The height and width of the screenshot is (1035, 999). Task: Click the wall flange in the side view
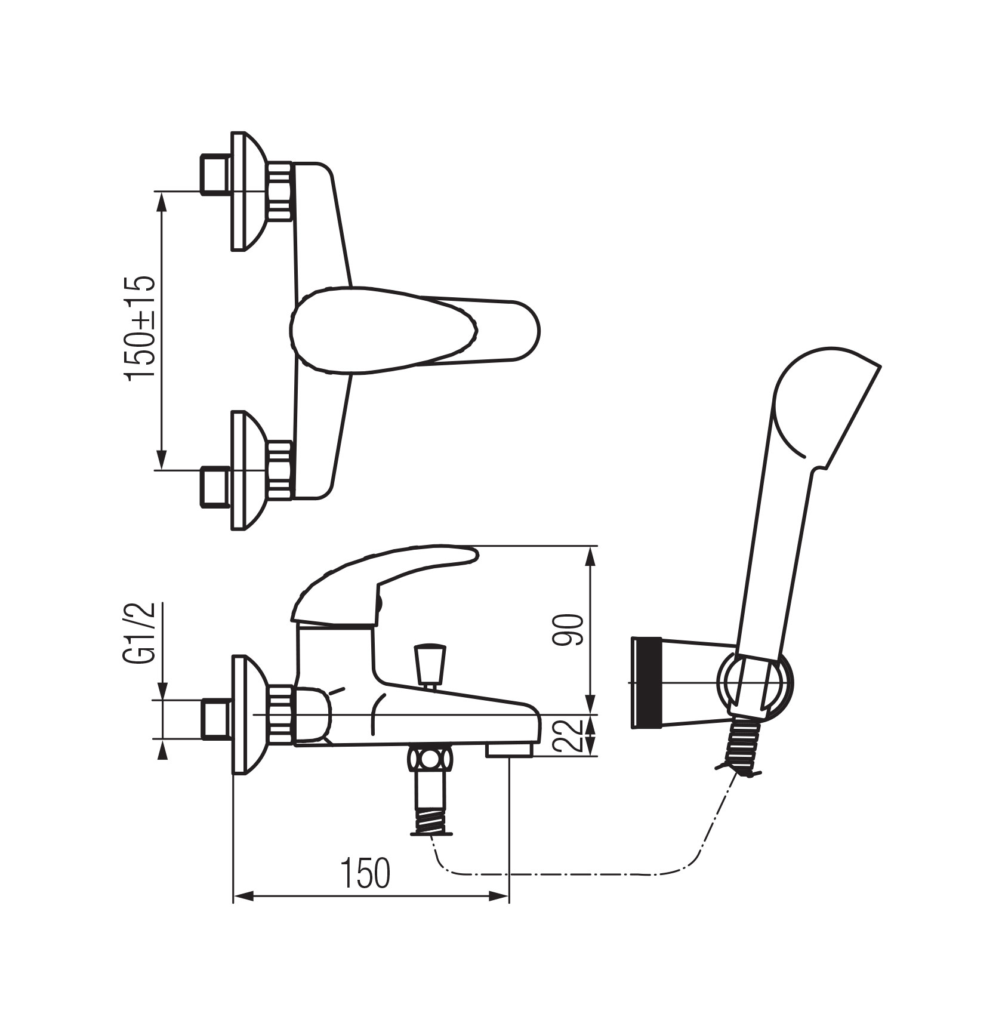point(246,715)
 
